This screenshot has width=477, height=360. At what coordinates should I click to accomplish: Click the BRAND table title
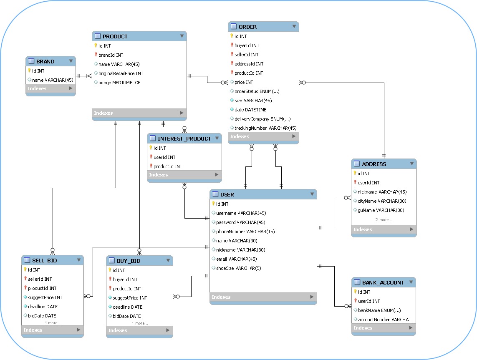(45, 61)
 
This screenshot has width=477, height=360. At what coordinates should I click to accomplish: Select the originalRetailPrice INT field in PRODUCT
(121, 73)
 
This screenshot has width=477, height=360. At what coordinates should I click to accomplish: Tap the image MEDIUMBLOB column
(119, 83)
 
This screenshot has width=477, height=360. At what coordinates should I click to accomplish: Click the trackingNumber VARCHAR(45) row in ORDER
(265, 128)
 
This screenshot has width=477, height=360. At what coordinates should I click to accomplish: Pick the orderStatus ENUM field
(257, 91)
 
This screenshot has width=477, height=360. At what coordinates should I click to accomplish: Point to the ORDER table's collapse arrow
(294, 27)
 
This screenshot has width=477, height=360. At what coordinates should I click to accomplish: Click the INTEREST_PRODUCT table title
(184, 138)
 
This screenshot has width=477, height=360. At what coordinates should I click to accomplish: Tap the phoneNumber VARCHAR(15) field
(245, 232)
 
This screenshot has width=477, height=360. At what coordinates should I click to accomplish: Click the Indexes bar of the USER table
(262, 297)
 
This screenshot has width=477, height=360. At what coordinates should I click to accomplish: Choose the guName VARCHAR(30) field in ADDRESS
(381, 210)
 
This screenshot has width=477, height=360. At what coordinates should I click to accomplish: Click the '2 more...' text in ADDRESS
(384, 220)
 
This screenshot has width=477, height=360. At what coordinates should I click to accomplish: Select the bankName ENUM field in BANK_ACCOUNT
(379, 310)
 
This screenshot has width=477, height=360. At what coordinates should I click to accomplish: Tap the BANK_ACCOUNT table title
(383, 282)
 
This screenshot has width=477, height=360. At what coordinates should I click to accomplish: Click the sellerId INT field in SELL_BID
(40, 279)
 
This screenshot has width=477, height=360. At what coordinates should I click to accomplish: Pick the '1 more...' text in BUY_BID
(140, 323)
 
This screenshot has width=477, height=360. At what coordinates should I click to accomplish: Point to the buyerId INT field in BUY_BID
(125, 279)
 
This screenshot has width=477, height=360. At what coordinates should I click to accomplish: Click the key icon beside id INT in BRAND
(29, 71)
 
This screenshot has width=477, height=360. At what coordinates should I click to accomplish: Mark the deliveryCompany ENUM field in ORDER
(262, 119)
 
